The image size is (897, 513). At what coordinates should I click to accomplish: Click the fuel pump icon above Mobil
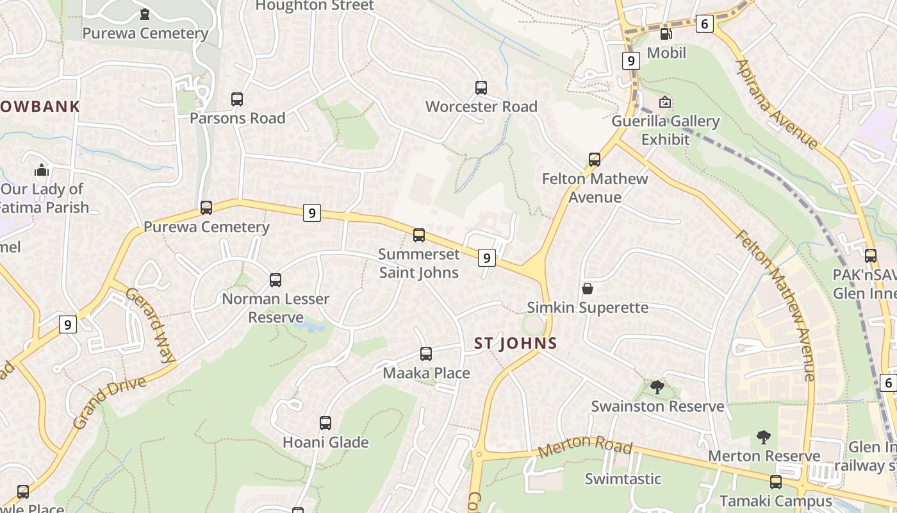pyautogui.click(x=666, y=34)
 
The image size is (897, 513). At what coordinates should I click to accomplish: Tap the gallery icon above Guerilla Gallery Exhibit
pyautogui.click(x=665, y=102)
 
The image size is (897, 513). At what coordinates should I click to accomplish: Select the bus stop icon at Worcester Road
pyautogui.click(x=481, y=88)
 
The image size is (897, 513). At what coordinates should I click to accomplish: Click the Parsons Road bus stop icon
pyautogui.click(x=237, y=99)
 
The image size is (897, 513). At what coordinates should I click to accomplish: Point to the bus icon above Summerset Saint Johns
pyautogui.click(x=419, y=235)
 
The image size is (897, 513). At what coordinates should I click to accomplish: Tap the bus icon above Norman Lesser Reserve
pyautogui.click(x=276, y=280)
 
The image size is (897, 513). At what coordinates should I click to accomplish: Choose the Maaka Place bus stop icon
pyautogui.click(x=426, y=354)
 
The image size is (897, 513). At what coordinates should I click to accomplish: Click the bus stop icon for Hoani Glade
pyautogui.click(x=325, y=423)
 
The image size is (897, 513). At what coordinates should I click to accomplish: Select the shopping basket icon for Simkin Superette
pyautogui.click(x=587, y=289)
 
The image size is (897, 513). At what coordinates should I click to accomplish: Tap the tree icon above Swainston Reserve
pyautogui.click(x=657, y=387)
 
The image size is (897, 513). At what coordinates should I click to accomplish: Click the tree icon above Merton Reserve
pyautogui.click(x=763, y=437)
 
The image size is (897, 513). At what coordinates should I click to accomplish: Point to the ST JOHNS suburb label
pyautogui.click(x=516, y=343)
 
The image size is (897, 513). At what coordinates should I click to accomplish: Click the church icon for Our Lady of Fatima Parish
pyautogui.click(x=42, y=170)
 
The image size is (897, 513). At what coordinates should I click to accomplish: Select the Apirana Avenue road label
pyautogui.click(x=777, y=104)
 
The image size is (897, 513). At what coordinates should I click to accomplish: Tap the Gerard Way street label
pyautogui.click(x=150, y=325)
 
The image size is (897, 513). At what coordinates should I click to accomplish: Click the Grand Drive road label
pyautogui.click(x=109, y=403)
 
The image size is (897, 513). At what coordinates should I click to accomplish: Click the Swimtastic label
pyautogui.click(x=623, y=478)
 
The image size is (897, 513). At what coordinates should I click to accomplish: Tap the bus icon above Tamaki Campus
pyautogui.click(x=776, y=482)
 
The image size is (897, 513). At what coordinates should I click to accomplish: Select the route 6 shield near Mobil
pyautogui.click(x=704, y=24)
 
